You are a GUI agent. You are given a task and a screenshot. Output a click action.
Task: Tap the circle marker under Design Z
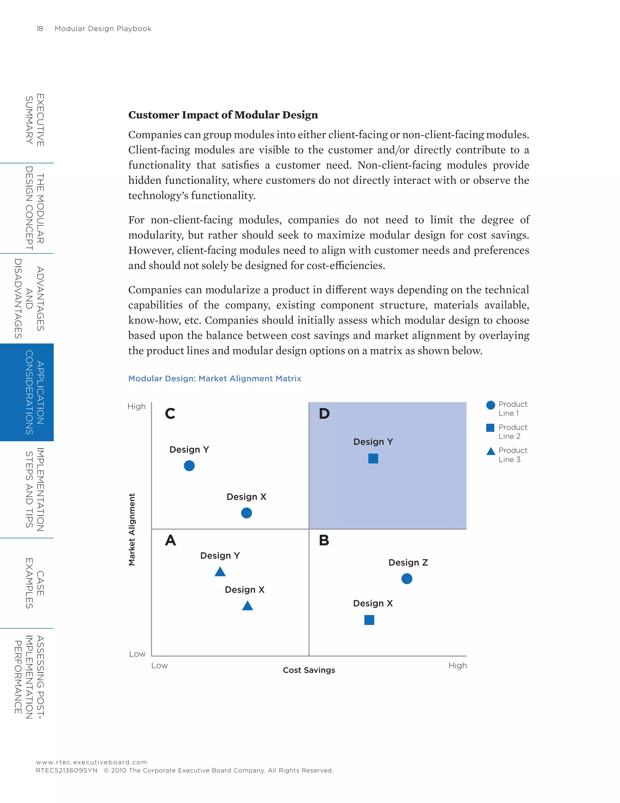407,579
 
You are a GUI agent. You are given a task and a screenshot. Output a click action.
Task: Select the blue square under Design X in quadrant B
369,620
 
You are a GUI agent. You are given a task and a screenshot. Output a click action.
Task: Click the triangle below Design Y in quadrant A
220,572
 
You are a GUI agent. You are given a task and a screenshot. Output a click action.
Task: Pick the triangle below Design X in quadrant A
248,605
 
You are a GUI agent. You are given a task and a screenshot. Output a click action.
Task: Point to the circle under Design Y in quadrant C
189,466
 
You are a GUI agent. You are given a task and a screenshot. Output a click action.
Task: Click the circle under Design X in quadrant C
246,513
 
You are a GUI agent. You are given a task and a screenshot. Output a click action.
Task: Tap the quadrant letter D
324,414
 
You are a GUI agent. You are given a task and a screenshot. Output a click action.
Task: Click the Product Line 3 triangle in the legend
490,451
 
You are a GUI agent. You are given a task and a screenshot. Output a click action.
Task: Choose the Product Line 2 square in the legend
490,428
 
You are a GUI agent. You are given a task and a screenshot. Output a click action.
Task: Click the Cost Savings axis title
309,670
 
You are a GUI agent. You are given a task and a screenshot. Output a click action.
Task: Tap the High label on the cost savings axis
457,665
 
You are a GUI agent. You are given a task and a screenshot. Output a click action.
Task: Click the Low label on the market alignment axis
137,654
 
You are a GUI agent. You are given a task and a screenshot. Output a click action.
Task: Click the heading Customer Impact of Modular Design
223,115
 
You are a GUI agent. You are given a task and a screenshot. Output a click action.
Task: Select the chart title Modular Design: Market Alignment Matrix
215,378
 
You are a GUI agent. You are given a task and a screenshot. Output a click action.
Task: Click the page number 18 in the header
40,29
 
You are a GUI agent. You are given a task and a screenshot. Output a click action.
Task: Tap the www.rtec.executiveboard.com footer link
91,762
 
